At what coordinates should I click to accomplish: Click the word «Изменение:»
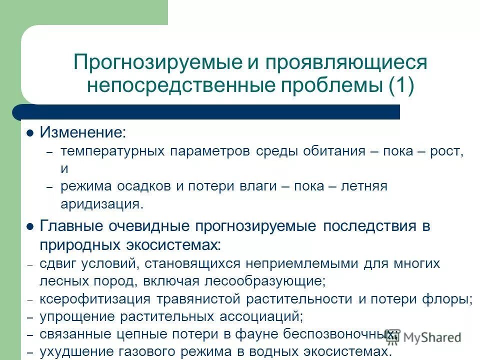(x=83, y=133)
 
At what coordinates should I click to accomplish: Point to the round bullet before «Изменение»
(x=30, y=133)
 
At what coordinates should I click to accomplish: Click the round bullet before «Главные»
(x=30, y=226)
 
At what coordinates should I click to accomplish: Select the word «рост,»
(x=447, y=151)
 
